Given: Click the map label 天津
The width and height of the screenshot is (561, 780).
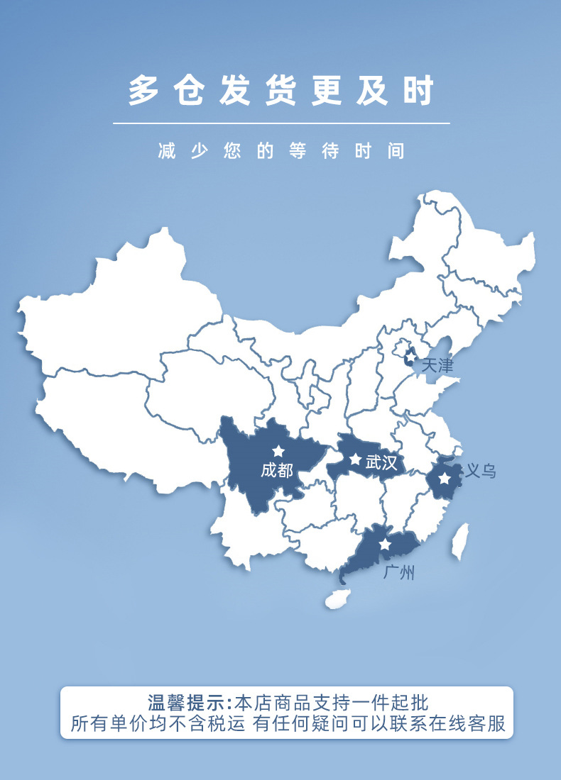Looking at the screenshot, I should click(437, 366).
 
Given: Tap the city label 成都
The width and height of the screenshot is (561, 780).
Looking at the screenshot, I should click(276, 469).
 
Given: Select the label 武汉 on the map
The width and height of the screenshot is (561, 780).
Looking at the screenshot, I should click(381, 463).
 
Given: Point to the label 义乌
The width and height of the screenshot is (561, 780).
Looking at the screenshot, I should click(480, 470).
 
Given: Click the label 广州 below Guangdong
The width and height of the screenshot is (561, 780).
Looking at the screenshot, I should click(398, 572).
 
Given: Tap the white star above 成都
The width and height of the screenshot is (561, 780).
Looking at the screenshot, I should click(278, 451).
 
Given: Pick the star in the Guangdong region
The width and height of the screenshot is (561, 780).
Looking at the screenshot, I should click(385, 545).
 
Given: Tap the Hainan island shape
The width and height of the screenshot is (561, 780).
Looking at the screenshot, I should click(337, 598).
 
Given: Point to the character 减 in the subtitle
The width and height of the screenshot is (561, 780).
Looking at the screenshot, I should click(167, 151).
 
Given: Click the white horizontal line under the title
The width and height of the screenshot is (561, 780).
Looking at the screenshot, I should click(281, 123).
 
